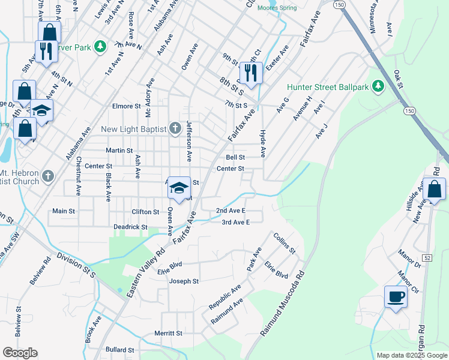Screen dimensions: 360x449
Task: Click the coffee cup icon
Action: click(396, 296)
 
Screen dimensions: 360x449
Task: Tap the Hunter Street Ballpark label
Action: click(327, 87)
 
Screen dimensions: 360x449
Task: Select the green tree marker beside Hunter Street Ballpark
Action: click(378, 87)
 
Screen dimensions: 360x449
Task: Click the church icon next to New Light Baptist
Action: click(175, 128)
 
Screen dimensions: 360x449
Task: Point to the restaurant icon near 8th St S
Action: click(250, 73)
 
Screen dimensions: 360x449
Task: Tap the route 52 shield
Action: click(427, 241)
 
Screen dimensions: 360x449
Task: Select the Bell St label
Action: click(235, 157)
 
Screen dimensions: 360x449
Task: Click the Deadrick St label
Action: click(130, 227)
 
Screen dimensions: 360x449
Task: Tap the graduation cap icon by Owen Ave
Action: click(179, 188)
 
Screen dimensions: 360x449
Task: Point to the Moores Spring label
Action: click(277, 8)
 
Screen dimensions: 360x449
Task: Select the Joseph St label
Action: click(184, 281)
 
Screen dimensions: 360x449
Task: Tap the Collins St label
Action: click(284, 244)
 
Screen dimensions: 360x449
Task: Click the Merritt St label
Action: click(168, 333)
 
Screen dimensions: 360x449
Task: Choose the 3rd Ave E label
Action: click(235, 223)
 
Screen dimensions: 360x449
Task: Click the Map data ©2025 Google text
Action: click(411, 355)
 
